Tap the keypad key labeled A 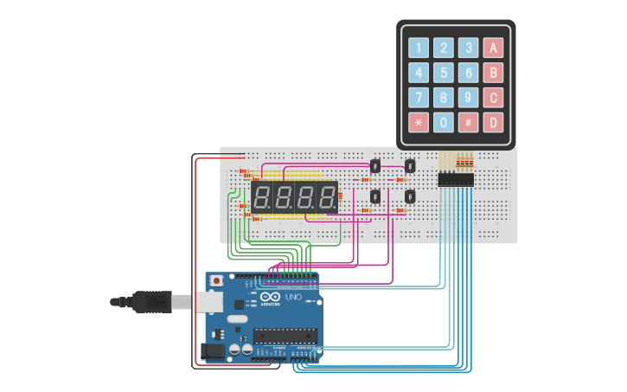click(493, 48)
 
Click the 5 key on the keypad click(443, 73)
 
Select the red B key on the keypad click(493, 73)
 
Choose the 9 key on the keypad click(468, 98)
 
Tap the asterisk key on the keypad click(418, 123)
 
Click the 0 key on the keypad click(443, 123)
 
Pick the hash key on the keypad click(468, 123)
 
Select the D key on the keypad click(493, 123)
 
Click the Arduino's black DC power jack click(211, 350)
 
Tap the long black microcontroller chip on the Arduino click(285, 334)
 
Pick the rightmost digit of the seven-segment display click(327, 196)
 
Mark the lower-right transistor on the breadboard click(409, 196)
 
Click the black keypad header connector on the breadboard click(456, 180)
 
